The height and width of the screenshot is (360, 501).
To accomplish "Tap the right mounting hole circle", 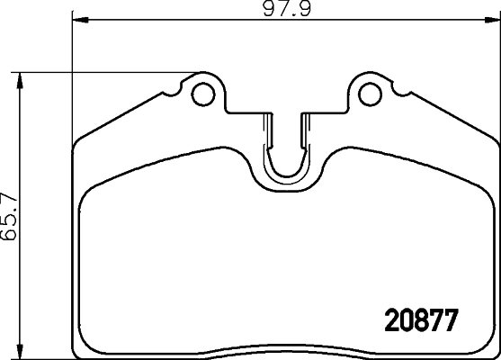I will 369,92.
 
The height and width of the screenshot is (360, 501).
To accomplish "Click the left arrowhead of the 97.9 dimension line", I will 77,18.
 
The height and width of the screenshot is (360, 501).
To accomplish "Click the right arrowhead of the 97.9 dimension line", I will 494,18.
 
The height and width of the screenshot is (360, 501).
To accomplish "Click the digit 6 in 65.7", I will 10,237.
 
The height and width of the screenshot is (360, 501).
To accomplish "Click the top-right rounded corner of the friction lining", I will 486,193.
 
